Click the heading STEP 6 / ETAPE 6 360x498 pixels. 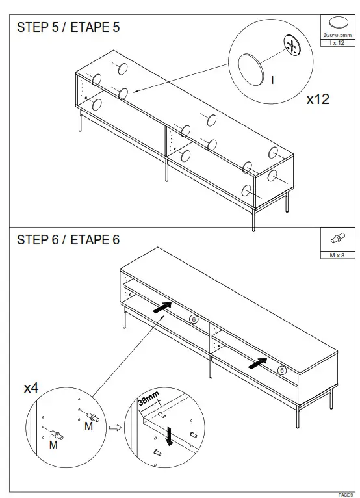(x=68, y=240)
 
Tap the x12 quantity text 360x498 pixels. (x=318, y=99)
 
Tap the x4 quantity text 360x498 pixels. (x=31, y=388)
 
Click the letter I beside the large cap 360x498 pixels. (x=273, y=80)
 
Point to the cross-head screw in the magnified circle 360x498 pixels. (x=292, y=46)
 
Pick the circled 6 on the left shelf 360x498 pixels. (x=193, y=319)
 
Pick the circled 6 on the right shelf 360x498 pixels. (x=281, y=370)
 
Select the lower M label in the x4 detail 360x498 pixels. (x=53, y=446)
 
